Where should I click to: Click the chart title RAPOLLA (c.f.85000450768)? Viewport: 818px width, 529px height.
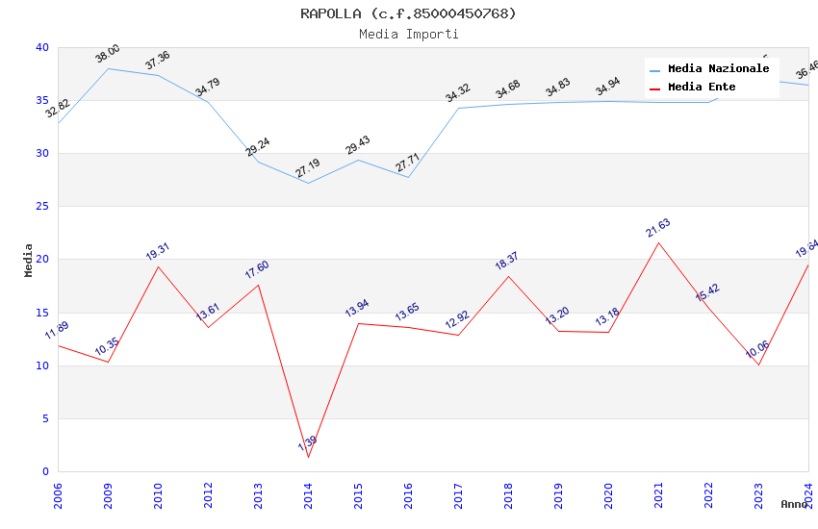click(408, 13)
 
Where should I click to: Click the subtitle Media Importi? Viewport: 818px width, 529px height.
click(408, 34)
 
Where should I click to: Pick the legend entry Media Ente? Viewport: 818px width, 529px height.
click(702, 88)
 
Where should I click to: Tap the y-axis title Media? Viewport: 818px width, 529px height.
click(29, 260)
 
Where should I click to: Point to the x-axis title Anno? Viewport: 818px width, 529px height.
click(794, 504)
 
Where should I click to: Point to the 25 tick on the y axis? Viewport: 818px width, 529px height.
click(42, 207)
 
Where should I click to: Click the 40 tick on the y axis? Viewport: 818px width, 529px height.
click(42, 48)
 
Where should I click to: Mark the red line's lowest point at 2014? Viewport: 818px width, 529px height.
click(308, 457)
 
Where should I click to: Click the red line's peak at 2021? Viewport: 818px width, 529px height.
click(658, 242)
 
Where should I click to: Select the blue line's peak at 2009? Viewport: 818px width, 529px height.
click(108, 68)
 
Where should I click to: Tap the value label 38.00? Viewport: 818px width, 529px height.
click(108, 54)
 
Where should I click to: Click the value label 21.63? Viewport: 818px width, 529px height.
click(658, 228)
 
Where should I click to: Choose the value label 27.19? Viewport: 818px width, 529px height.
click(308, 169)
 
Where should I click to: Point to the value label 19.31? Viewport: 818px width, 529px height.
click(158, 252)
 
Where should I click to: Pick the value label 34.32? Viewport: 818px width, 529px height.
click(458, 93)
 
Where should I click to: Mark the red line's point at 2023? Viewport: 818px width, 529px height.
click(758, 365)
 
